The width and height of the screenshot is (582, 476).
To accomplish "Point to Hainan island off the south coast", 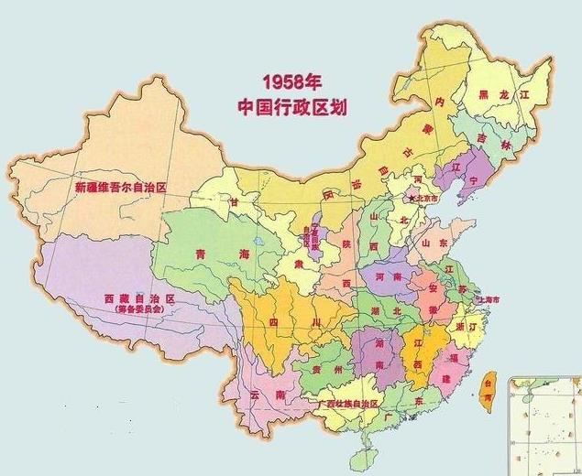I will click(x=365, y=454).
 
